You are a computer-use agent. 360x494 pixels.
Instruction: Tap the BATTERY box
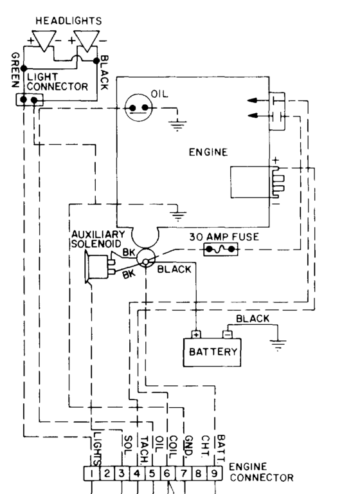click(x=213, y=352)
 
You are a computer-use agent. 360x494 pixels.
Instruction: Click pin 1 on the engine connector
click(x=93, y=475)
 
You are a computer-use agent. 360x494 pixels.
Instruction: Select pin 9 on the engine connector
click(x=214, y=475)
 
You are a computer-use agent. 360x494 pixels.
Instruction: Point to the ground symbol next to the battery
click(x=278, y=345)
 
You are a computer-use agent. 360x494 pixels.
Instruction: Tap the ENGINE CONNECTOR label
click(x=256, y=473)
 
